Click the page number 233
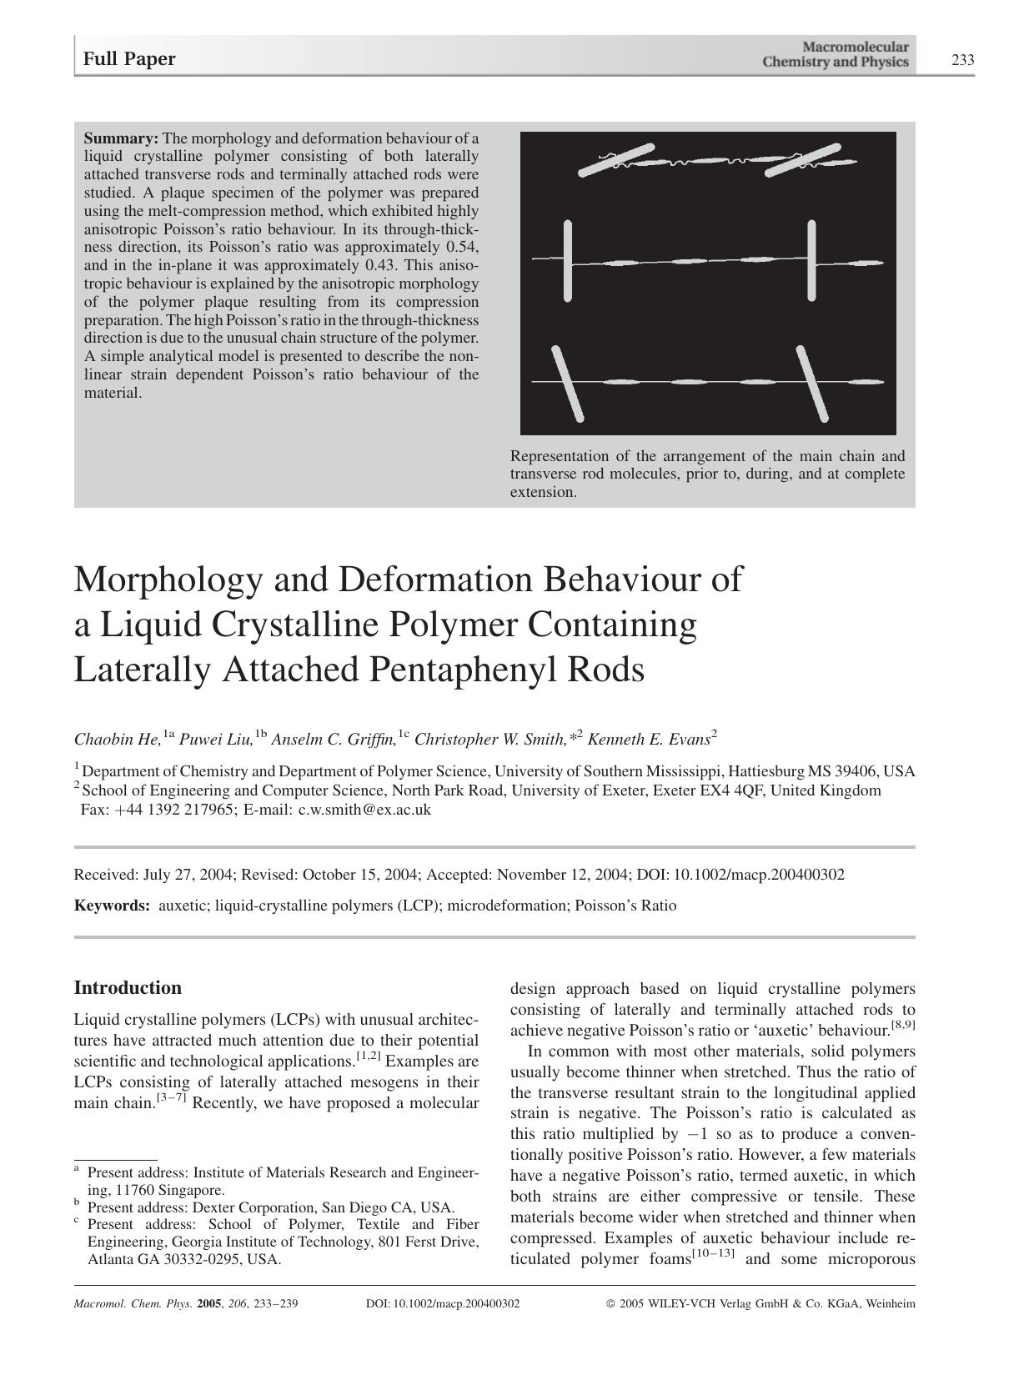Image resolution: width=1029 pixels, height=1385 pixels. click(962, 60)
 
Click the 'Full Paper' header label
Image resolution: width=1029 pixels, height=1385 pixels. click(129, 59)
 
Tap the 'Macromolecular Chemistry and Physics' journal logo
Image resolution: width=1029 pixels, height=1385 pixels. click(835, 55)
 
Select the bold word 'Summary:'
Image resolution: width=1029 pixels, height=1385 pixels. click(121, 138)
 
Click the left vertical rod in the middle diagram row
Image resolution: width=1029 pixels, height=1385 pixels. click(568, 260)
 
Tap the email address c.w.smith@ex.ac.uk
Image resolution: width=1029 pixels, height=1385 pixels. click(364, 810)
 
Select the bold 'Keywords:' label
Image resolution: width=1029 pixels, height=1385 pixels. click(112, 906)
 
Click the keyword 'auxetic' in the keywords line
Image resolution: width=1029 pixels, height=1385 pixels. click(183, 906)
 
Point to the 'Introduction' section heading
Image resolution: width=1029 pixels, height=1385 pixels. click(128, 988)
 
